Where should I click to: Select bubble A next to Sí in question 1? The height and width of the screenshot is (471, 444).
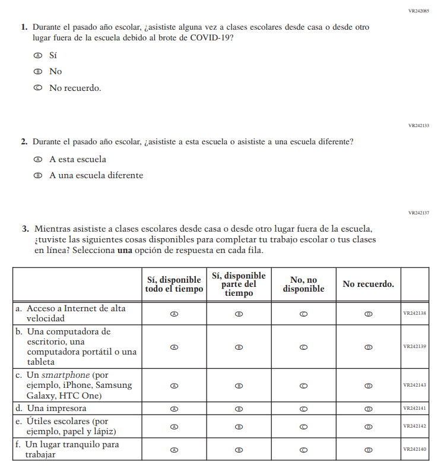tap(38, 55)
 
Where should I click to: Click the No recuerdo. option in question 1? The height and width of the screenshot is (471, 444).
tap(75, 88)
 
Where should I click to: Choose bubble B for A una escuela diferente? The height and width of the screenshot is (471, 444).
tap(38, 176)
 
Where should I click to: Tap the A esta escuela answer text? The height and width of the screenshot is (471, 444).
tap(78, 159)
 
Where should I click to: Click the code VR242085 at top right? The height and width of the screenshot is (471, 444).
tap(418, 11)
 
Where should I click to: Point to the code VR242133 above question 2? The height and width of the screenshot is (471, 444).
tap(418, 125)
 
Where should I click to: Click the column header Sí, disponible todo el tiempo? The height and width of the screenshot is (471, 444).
tap(174, 284)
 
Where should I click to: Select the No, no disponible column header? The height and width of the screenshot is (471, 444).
tap(303, 284)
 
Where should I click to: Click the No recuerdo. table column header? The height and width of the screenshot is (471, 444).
tap(368, 284)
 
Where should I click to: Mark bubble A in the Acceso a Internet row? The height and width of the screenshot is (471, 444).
tap(174, 314)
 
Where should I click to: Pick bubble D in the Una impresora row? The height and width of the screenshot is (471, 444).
tap(368, 409)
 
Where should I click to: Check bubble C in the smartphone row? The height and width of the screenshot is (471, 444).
tap(303, 385)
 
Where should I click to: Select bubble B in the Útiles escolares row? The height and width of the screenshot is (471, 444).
tap(239, 426)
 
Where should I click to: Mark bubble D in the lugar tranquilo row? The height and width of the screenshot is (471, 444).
tap(368, 450)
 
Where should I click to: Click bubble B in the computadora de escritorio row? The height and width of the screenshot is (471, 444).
tap(239, 347)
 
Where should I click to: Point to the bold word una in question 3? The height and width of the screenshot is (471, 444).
tap(125, 250)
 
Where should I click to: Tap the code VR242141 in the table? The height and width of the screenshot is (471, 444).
tap(414, 409)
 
